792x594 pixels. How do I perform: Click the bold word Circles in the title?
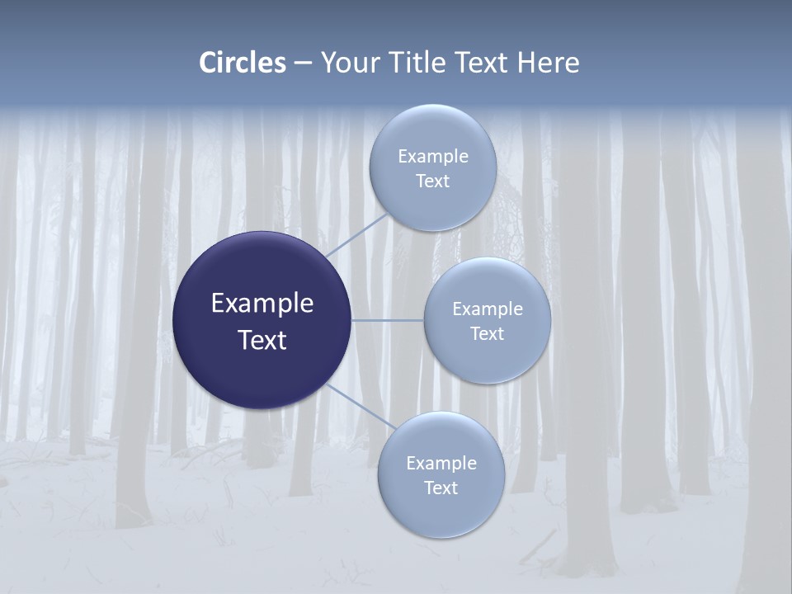click(x=242, y=63)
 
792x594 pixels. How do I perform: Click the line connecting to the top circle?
click(x=356, y=234)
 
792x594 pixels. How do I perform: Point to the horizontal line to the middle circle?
click(x=388, y=320)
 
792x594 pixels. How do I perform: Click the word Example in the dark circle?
click(x=262, y=304)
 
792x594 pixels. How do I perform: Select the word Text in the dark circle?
click(x=262, y=340)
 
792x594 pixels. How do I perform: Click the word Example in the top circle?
click(x=432, y=156)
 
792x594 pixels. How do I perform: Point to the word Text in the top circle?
click(x=432, y=181)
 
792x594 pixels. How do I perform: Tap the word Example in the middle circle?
click(x=487, y=309)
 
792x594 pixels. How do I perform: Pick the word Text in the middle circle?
click(x=487, y=333)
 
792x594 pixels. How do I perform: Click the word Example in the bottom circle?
click(x=441, y=463)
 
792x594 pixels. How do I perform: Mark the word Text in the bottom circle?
click(x=441, y=488)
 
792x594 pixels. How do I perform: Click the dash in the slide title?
click(x=303, y=64)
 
